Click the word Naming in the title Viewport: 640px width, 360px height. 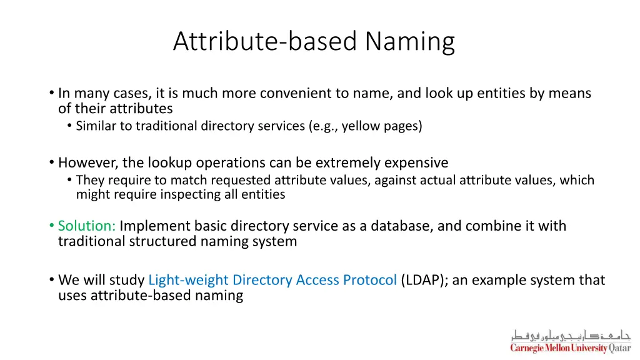(410, 42)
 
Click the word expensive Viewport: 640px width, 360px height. (416, 163)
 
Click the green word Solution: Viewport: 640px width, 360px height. (87, 226)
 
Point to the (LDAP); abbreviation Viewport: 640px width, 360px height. (424, 280)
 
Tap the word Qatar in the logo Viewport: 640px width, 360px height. (619, 348)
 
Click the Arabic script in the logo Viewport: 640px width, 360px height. (571, 334)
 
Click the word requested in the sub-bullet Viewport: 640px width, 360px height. (241, 181)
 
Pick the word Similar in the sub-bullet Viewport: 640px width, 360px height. (96, 126)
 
